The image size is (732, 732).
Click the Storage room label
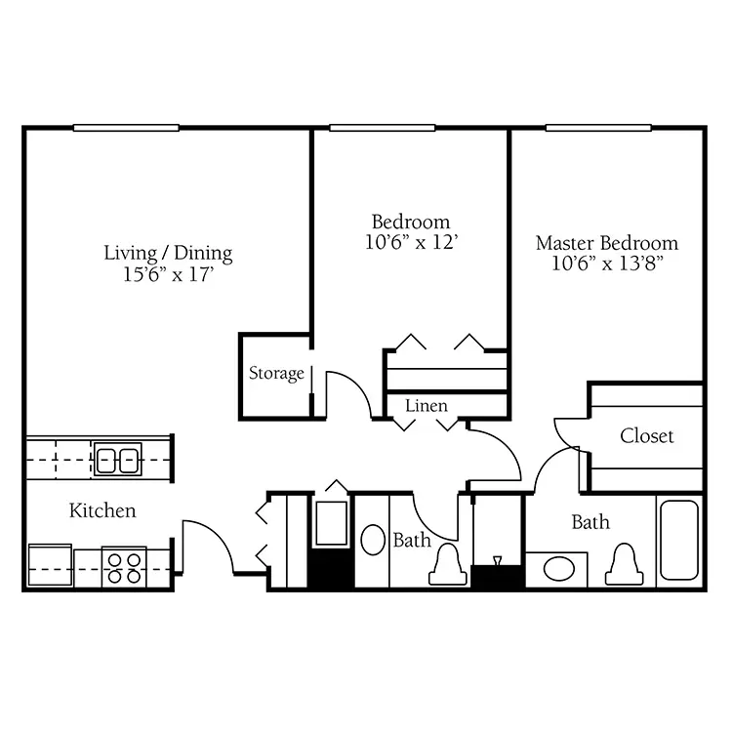(x=276, y=374)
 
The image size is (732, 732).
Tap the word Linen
(x=427, y=405)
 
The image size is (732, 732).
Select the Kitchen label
(x=102, y=510)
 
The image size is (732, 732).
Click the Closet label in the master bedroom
(x=646, y=436)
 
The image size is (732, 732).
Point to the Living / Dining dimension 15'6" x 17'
(x=169, y=274)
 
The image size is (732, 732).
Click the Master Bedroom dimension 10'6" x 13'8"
(x=608, y=264)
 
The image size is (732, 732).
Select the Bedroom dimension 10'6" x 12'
(x=411, y=242)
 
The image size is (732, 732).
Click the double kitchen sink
(x=118, y=460)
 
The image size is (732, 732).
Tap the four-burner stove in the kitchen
(x=124, y=568)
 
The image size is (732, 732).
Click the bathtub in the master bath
(x=679, y=540)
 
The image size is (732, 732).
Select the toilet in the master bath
(x=625, y=565)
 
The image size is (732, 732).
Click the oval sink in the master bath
(x=559, y=570)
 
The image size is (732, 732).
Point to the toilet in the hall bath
(x=448, y=564)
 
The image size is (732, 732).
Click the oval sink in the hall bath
(x=373, y=540)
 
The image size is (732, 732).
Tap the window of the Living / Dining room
(x=126, y=128)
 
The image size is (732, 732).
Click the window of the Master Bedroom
(x=598, y=128)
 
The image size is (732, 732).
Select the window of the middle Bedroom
(x=383, y=128)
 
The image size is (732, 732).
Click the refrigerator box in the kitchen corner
(x=50, y=565)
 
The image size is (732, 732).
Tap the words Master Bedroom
(x=607, y=243)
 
